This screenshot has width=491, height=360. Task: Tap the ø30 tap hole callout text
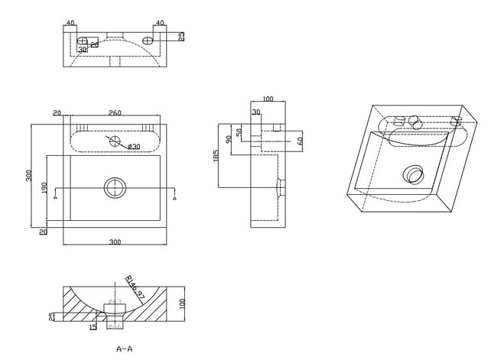click(x=132, y=146)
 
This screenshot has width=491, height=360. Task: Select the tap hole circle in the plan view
click(x=115, y=141)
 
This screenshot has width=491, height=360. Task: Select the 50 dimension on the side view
click(x=240, y=132)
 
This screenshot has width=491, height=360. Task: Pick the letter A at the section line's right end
click(x=176, y=197)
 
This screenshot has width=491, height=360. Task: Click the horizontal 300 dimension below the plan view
click(x=115, y=242)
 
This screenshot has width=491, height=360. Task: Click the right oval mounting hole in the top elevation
click(x=147, y=38)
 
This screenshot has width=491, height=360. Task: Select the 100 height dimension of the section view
click(x=184, y=302)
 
